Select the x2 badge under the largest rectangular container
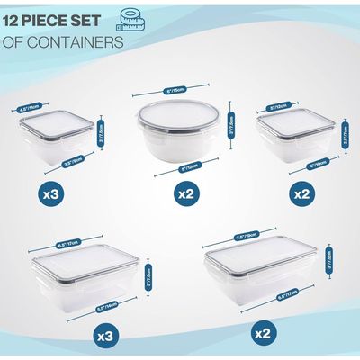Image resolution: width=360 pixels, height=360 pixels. tap(263, 335)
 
